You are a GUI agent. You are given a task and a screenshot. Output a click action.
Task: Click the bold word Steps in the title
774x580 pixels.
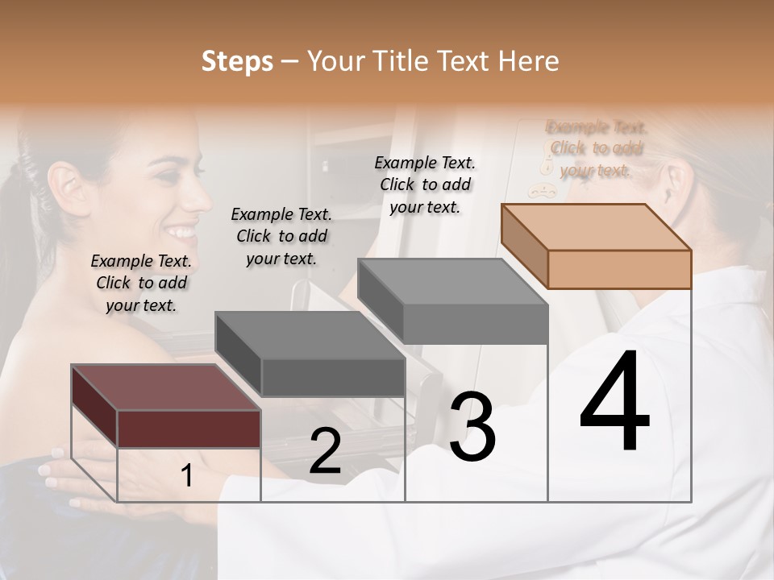236,61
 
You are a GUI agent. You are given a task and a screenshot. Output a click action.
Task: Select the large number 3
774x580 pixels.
472,426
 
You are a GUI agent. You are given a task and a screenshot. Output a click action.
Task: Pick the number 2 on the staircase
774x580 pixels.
325,451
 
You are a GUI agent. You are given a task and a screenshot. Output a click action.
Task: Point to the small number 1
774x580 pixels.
186,475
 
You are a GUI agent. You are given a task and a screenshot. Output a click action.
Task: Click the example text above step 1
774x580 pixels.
141,283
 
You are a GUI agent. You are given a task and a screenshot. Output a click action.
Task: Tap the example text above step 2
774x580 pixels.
281,236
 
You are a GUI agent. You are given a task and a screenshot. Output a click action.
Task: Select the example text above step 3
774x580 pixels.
425,184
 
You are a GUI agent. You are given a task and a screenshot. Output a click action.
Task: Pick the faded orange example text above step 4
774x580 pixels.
597,148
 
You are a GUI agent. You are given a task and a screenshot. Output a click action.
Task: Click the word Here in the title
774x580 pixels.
528,61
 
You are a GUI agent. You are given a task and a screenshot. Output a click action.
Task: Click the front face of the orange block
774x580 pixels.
619,269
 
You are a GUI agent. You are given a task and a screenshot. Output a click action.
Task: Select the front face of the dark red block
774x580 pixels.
189,429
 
